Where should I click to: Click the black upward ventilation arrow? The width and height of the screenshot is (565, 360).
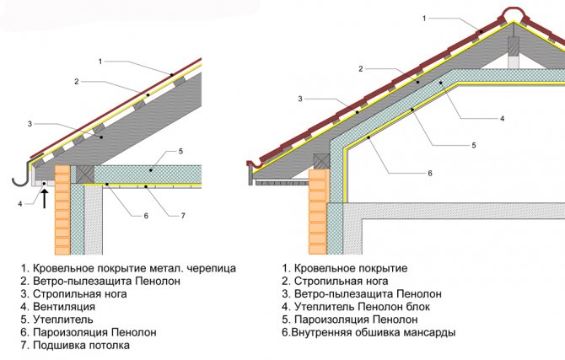click(43, 199)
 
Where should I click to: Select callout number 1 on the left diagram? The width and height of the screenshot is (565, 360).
click(100, 61)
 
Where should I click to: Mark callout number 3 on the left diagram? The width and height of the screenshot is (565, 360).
click(30, 124)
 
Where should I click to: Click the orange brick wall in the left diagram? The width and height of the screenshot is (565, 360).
click(61, 210)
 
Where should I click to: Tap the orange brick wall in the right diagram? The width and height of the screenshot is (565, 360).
click(317, 210)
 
